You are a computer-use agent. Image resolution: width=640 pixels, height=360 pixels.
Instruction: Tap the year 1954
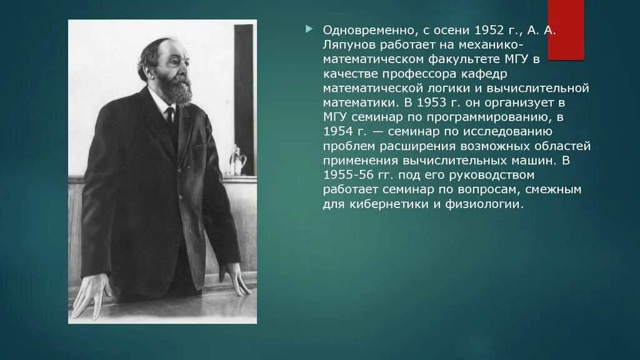click(x=337, y=131)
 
